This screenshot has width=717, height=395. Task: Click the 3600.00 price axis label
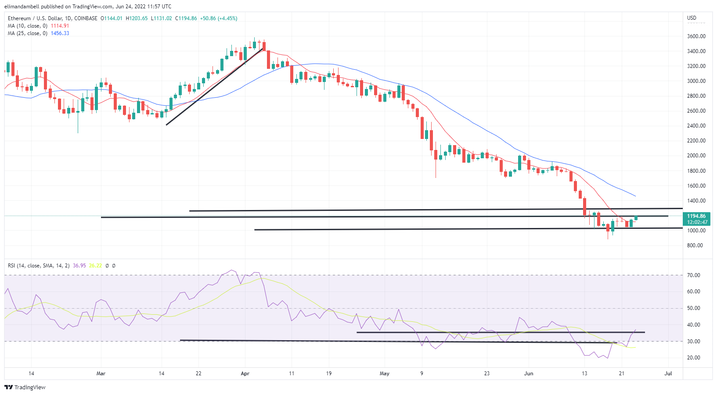click(x=696, y=36)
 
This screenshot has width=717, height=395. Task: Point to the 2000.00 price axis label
click(x=696, y=156)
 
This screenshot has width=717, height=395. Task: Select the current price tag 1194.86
click(x=696, y=216)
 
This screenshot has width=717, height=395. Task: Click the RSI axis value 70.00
click(x=693, y=275)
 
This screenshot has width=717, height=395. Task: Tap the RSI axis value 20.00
click(x=693, y=358)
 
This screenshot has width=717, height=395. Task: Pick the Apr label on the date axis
click(x=245, y=374)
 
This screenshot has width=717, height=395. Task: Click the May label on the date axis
click(x=385, y=374)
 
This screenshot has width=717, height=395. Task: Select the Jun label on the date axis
click(x=529, y=374)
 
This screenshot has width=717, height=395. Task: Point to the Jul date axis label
click(x=668, y=374)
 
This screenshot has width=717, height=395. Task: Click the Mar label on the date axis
click(x=101, y=374)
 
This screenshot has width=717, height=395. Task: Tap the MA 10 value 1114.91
click(x=60, y=26)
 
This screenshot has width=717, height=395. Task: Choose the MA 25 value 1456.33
click(x=60, y=33)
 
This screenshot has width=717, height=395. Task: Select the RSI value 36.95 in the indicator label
click(x=79, y=266)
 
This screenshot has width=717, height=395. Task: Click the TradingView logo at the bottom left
click(x=25, y=388)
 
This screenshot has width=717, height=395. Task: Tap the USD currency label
click(x=692, y=18)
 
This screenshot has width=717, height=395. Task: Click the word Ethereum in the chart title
click(x=19, y=18)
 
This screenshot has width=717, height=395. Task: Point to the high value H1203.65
click(x=137, y=18)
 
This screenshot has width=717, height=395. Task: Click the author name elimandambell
click(x=22, y=7)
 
